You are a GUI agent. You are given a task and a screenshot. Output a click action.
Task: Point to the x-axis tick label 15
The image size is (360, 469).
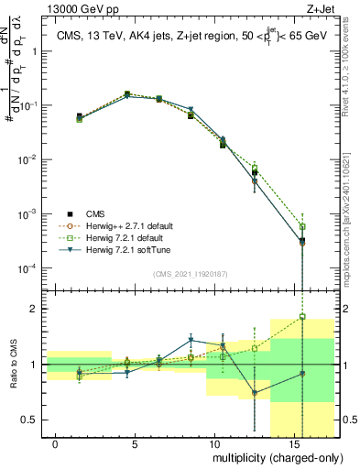(x=291, y=443)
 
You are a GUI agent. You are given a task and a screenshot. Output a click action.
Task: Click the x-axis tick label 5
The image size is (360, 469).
(x=135, y=443)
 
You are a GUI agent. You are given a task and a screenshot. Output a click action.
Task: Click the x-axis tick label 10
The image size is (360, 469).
(x=213, y=443)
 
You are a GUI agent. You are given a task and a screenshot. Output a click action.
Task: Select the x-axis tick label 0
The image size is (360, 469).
(x=56, y=443)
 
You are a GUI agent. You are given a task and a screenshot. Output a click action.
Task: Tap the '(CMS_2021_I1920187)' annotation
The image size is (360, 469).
(x=191, y=273)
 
